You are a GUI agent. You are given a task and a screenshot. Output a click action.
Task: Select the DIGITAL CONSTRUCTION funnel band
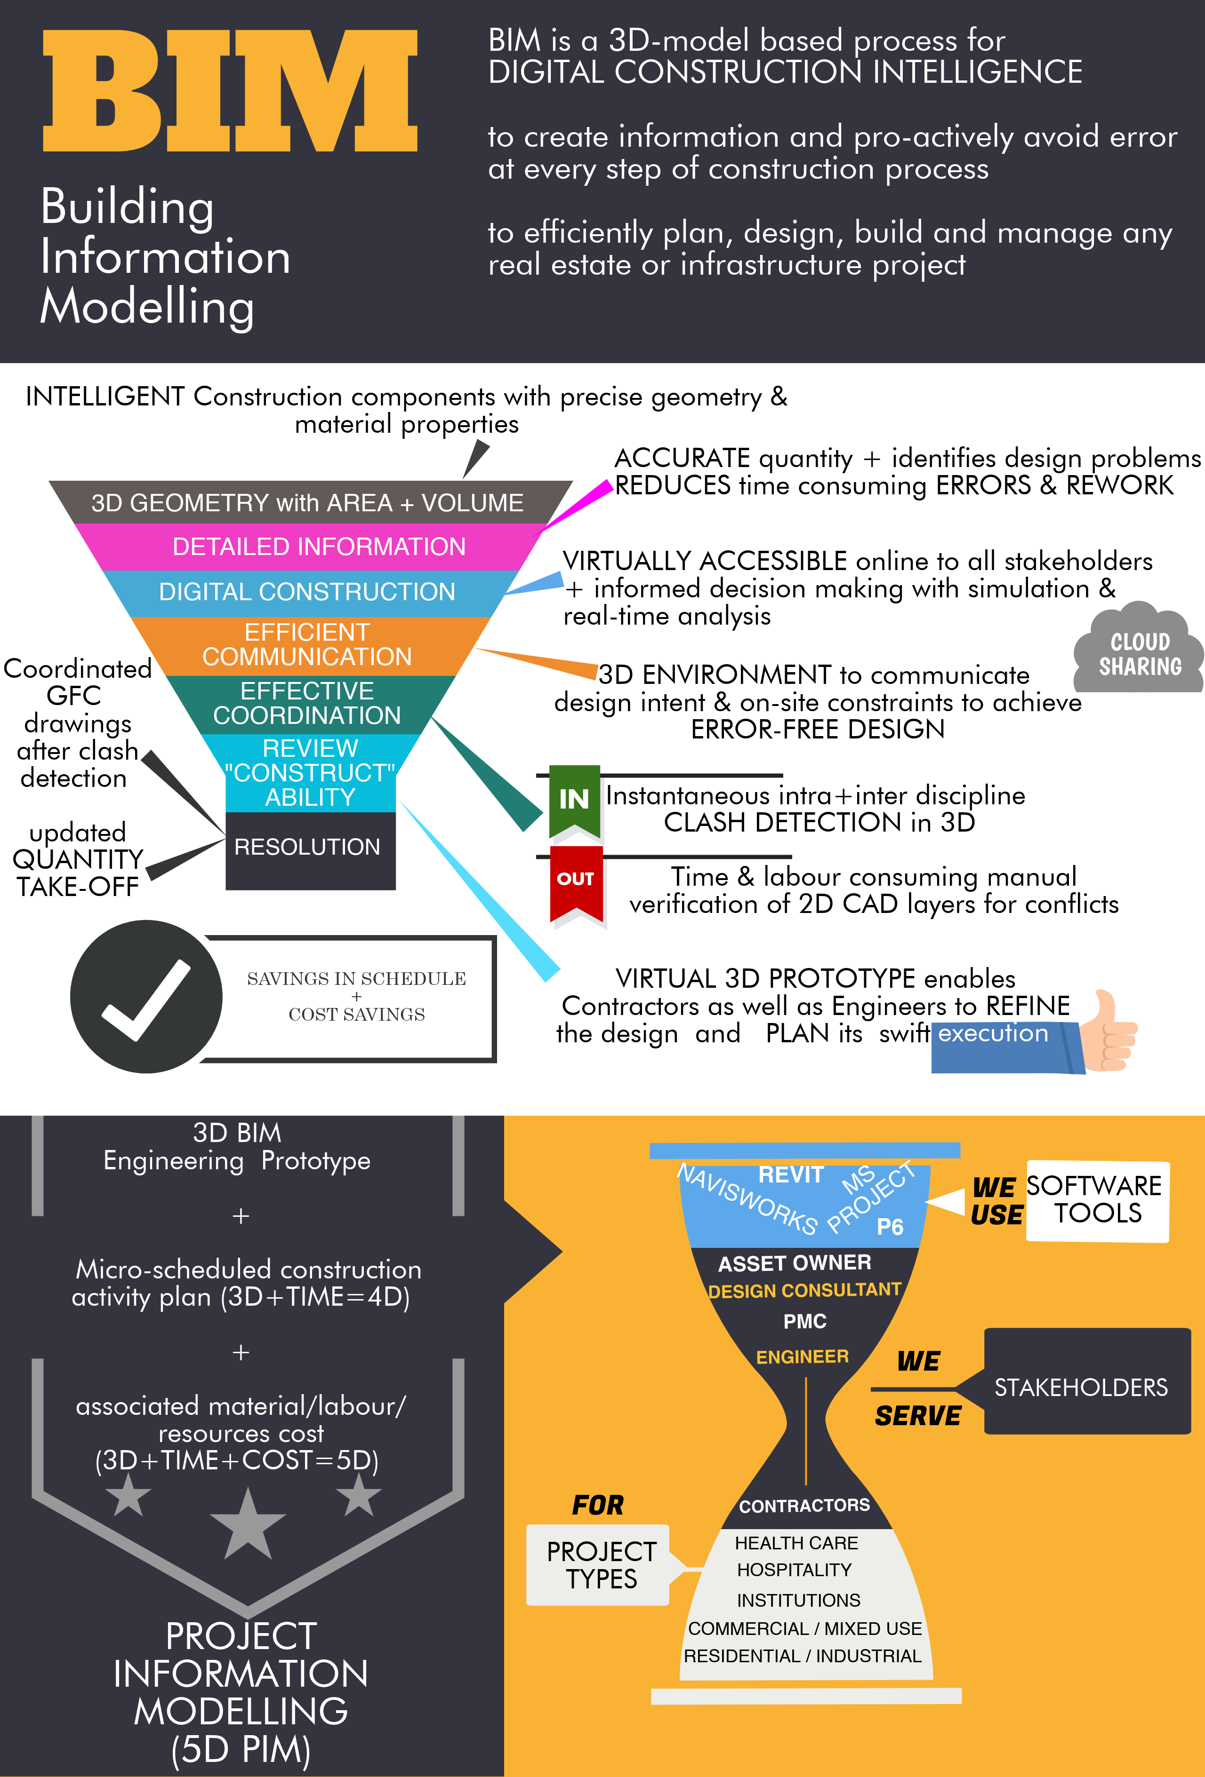coord(307,592)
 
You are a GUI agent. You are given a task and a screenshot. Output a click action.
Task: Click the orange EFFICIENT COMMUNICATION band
coord(307,644)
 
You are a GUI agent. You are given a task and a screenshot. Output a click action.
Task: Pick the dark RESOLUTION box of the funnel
coord(310,848)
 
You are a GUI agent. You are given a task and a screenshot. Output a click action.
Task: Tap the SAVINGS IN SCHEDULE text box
coord(356,996)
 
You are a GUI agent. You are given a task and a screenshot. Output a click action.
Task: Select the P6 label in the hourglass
coord(890,1227)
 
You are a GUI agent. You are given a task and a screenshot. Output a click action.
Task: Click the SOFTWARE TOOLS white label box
coord(1096,1200)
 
